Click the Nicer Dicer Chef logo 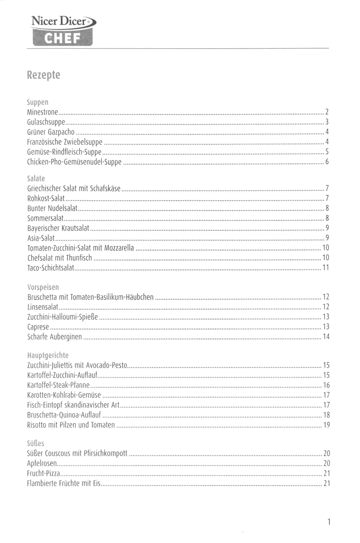tap(63, 31)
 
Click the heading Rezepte tap(44, 75)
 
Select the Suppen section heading tap(38, 102)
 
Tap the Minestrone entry tap(42, 112)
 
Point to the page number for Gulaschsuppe tap(327, 122)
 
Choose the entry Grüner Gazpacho tap(51, 132)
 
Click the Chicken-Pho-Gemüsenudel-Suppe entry tap(74, 162)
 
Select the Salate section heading tap(36, 178)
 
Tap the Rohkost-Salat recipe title tap(46, 198)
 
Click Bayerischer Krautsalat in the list tap(58, 228)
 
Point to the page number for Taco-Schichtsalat tap(326, 268)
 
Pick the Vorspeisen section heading tap(43, 287)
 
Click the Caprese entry tap(38, 327)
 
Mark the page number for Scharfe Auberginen tap(326, 337)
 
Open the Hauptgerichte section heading tap(48, 355)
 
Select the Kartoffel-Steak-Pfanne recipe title tap(59, 385)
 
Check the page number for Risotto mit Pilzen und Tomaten tap(326, 425)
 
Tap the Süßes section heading tap(36, 443)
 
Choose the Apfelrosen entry tap(42, 463)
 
